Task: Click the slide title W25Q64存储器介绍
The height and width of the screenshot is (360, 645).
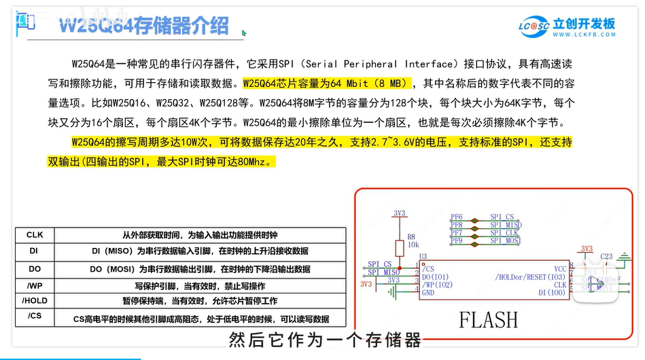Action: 143,27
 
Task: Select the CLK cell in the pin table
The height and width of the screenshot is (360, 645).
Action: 35,235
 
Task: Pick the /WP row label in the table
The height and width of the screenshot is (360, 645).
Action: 35,285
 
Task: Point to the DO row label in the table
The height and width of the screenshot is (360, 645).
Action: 35,269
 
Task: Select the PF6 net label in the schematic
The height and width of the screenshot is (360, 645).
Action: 456,217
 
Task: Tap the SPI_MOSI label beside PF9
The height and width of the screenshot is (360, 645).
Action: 506,240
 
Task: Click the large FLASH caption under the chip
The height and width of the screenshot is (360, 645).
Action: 488,319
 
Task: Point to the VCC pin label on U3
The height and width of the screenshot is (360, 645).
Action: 560,269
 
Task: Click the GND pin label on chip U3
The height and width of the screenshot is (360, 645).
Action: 429,293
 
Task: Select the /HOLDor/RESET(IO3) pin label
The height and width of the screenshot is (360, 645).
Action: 530,277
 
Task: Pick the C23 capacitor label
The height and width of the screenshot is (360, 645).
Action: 607,256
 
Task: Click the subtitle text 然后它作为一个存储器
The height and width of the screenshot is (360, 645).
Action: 326,340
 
